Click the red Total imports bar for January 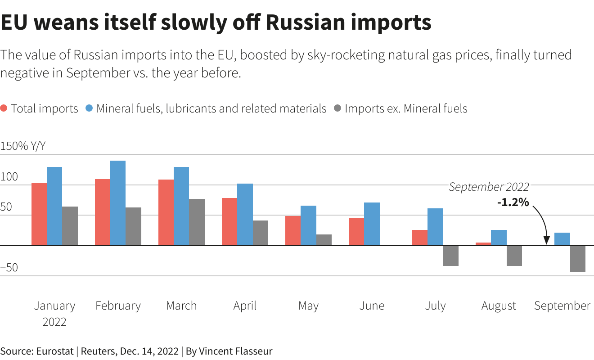coord(39,214)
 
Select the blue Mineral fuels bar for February coord(118,203)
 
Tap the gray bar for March coord(197,222)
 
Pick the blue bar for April coord(245,215)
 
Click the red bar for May coord(292,231)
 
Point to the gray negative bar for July coord(450,256)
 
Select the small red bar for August coord(483,244)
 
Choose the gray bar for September coord(577,259)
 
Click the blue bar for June coord(372,224)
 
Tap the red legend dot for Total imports coord(4,108)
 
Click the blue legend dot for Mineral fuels coord(89,108)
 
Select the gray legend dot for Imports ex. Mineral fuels coord(338,108)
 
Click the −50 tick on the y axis coord(9,268)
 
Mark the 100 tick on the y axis coord(9,177)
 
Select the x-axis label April coord(245,306)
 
